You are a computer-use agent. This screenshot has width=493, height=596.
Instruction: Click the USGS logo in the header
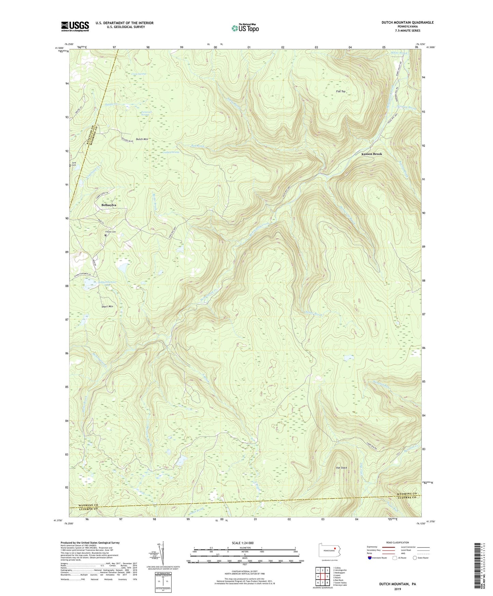(75, 26)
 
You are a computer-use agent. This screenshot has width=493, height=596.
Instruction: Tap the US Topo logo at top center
(245, 28)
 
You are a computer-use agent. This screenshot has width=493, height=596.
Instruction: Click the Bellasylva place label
(109, 205)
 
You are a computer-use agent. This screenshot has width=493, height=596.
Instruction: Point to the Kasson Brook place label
(372, 154)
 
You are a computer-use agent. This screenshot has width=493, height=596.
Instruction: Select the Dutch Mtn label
(142, 139)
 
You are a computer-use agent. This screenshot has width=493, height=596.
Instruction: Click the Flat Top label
(340, 91)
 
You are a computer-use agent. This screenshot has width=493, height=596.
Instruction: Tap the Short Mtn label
(107, 307)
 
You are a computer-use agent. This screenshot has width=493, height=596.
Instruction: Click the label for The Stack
(341, 468)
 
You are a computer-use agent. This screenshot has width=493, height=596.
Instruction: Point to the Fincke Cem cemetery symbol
(105, 235)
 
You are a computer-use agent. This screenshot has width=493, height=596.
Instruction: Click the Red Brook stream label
(198, 146)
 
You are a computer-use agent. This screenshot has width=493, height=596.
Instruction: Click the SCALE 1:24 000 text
(245, 543)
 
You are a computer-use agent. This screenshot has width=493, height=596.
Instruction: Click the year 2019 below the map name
(397, 589)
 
